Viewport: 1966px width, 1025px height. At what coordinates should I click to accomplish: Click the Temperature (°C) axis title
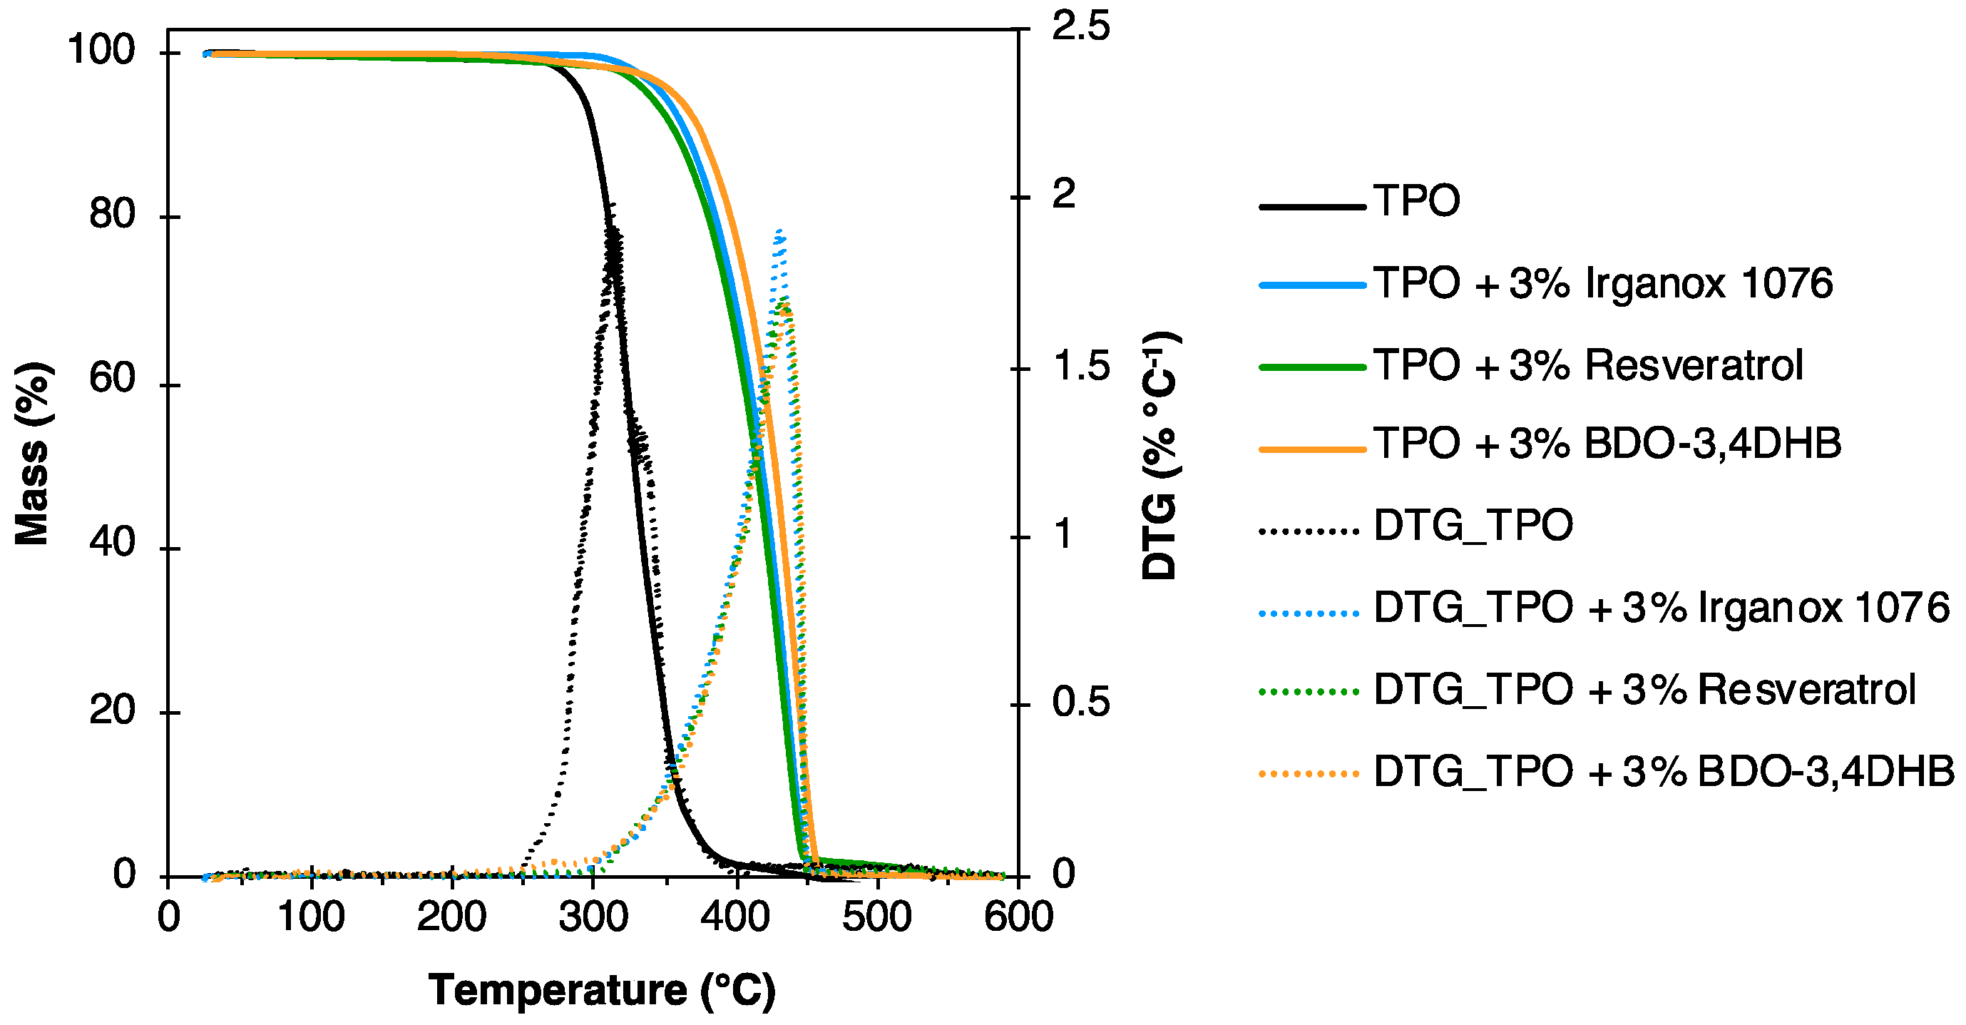pyautogui.click(x=601, y=991)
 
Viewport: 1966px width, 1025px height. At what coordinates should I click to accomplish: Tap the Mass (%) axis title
pyautogui.click(x=32, y=454)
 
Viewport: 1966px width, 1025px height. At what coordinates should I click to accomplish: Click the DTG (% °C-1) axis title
pyautogui.click(x=1160, y=456)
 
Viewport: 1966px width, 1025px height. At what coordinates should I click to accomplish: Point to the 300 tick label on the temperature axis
pyautogui.click(x=593, y=917)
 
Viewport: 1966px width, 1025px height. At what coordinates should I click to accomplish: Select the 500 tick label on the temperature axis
pyautogui.click(x=876, y=917)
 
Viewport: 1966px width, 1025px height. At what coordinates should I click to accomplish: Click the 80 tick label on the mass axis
pyautogui.click(x=112, y=215)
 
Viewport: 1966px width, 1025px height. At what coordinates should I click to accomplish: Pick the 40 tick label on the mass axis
pyautogui.click(x=112, y=543)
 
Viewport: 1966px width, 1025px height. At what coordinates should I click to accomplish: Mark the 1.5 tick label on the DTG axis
pyautogui.click(x=1080, y=367)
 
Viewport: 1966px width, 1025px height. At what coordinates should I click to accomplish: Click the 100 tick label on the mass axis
pyautogui.click(x=101, y=51)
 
